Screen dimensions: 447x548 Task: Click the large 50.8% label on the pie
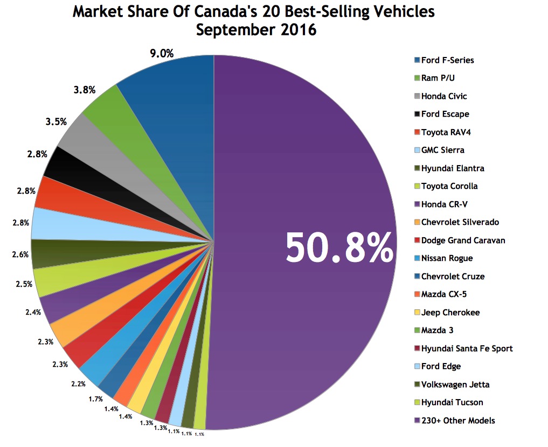(x=339, y=247)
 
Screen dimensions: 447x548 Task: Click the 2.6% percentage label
(x=20, y=254)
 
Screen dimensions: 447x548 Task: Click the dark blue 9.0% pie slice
(x=172, y=91)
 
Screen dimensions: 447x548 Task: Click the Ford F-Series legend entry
(x=447, y=60)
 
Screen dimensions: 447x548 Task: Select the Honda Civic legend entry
(x=443, y=96)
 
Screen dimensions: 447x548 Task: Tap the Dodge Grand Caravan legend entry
(x=462, y=240)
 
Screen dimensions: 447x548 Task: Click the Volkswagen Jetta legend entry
(x=455, y=385)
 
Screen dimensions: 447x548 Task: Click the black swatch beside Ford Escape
(x=417, y=114)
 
